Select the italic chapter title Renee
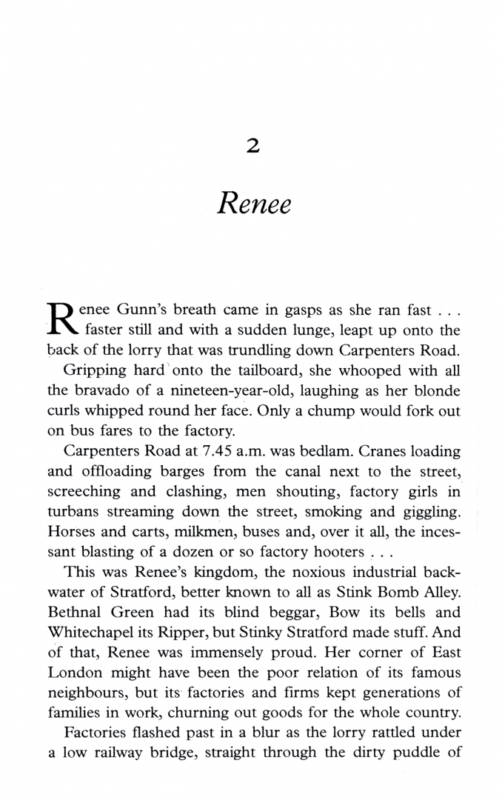pyautogui.click(x=253, y=202)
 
